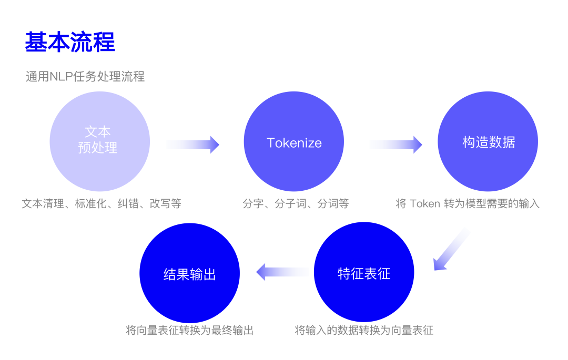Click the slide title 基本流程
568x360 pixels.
coord(70,42)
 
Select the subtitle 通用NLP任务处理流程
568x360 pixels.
coord(85,77)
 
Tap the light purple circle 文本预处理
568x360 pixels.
coord(99,141)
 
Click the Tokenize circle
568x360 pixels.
coord(294,141)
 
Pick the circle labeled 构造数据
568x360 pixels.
coord(488,141)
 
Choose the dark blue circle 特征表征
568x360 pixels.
coord(364,272)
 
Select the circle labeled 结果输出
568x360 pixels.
coord(189,273)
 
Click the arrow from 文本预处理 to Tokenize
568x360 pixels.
coord(192,145)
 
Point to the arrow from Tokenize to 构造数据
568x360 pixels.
coord(395,145)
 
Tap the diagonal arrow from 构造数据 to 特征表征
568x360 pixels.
coord(451,250)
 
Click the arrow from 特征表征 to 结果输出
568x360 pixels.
coord(283,272)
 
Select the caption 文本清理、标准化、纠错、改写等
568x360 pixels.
coord(102,204)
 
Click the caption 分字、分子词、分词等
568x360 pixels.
coord(296,204)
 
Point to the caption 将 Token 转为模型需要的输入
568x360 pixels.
coord(468,204)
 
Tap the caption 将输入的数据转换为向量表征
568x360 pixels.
coord(364,331)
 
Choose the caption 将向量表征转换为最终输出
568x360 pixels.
coord(189,331)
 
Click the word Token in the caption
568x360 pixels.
coord(425,204)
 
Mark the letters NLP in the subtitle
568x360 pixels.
coord(60,77)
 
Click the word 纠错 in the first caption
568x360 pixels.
coord(128,204)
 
